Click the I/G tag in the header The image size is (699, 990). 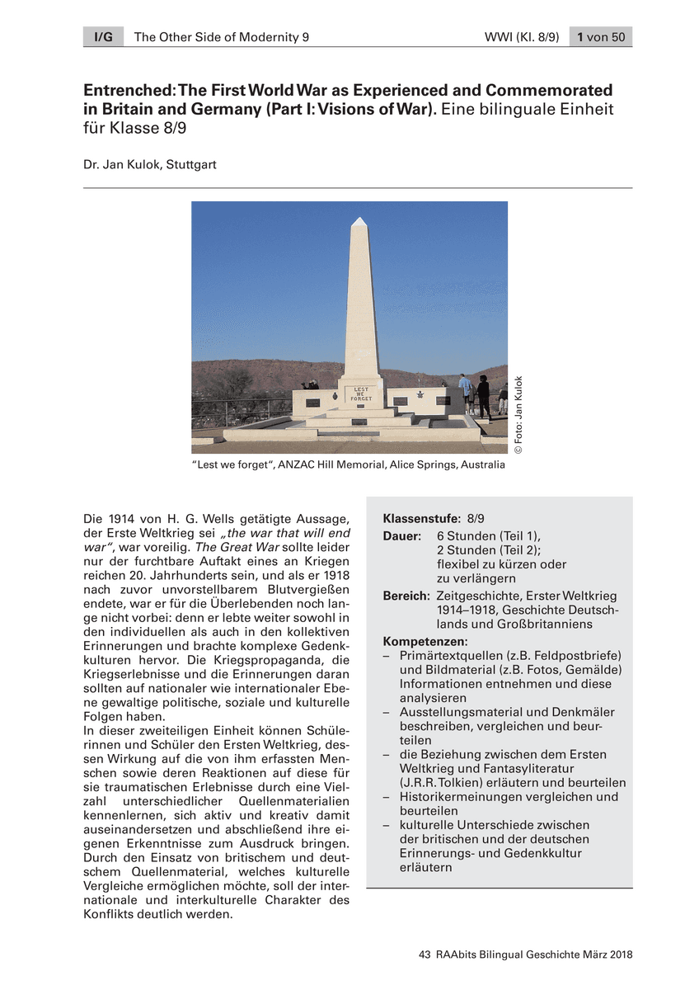[x=102, y=37]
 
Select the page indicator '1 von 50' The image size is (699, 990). [x=601, y=37]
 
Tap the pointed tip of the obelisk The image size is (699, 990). [x=359, y=221]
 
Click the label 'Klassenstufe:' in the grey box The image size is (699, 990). [x=421, y=519]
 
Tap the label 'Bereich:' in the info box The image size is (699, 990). [x=406, y=596]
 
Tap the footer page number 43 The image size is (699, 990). [x=425, y=955]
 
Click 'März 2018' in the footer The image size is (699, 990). [x=604, y=955]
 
